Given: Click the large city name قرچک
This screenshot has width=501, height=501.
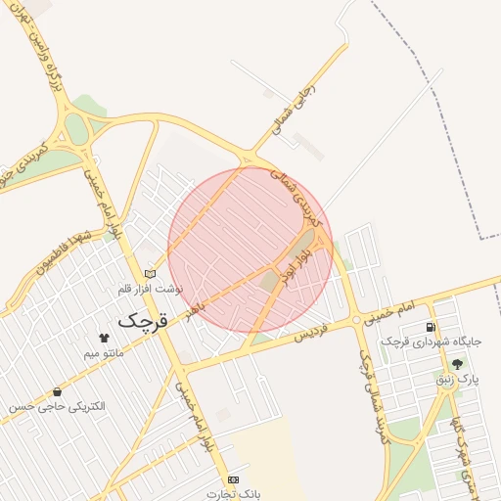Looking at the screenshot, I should coord(143,320).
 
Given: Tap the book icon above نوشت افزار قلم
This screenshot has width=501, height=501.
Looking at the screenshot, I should coord(149,274).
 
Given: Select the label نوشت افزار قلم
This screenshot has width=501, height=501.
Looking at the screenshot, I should coord(146,290).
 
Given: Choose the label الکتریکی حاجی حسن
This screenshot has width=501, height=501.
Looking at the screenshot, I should coord(68,406).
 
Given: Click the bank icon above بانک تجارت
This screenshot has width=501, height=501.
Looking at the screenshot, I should coord(233,479).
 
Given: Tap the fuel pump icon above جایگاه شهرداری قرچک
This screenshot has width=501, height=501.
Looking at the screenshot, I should coord(430,327).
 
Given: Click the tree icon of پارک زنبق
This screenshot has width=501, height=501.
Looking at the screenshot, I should coord(456,363).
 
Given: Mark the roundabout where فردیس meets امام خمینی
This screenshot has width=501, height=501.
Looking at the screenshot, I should coord(356,320).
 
